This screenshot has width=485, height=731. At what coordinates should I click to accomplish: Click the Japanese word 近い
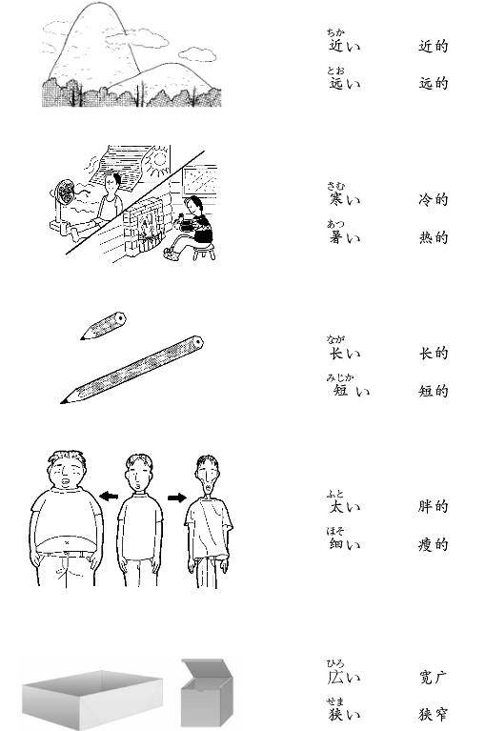point(344,46)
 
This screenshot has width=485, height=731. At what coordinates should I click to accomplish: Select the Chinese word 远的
point(434,84)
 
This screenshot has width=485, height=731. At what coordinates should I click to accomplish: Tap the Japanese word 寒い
point(345,199)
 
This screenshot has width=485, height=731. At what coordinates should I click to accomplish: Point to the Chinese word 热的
point(434,237)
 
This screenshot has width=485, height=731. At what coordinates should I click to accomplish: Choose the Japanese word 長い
point(345,354)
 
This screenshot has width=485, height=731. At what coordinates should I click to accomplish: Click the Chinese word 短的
point(434,391)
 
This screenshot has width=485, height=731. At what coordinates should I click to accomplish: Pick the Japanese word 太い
point(345,507)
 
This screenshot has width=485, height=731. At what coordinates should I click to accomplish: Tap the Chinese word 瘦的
point(434,544)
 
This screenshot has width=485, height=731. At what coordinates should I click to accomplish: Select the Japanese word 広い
point(344,677)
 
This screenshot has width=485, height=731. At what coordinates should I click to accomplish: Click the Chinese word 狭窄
point(434,714)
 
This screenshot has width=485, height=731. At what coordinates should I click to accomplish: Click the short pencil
point(104,326)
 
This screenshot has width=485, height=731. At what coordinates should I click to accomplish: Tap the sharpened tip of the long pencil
point(61,402)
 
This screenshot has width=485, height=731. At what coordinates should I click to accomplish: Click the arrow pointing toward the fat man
point(109,497)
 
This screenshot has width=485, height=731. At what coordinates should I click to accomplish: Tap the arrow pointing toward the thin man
point(177,497)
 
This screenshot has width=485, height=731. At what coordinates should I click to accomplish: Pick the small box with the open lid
point(207,691)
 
